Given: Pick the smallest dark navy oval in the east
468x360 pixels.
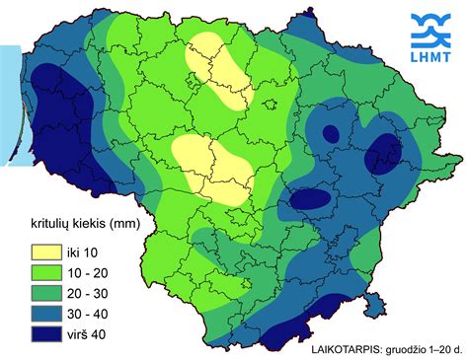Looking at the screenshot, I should click(331, 133).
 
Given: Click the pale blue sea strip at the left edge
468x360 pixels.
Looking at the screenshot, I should click(8, 99).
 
